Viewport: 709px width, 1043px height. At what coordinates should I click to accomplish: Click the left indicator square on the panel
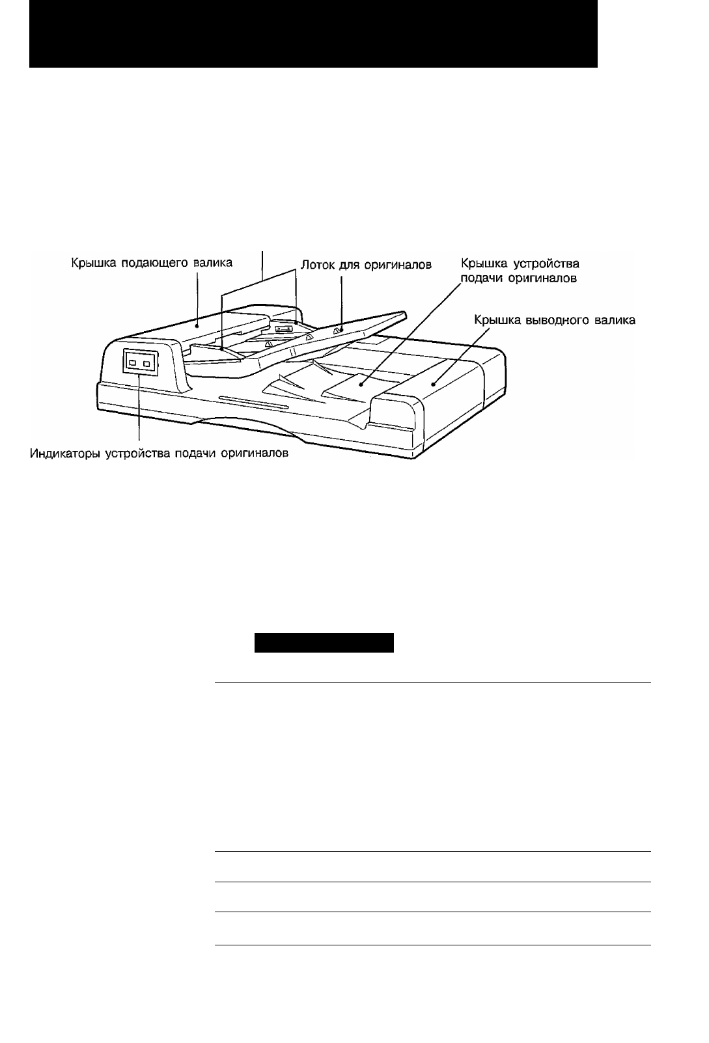click(x=133, y=362)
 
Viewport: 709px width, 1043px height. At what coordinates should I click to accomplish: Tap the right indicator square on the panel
click(x=146, y=363)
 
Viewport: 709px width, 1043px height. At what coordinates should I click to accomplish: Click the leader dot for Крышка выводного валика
click(x=433, y=385)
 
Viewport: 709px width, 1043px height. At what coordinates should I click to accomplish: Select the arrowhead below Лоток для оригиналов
click(x=341, y=329)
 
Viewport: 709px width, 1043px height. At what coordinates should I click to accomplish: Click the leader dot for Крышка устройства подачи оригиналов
click(x=361, y=384)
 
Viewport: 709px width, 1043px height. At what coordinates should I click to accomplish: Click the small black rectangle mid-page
click(x=324, y=643)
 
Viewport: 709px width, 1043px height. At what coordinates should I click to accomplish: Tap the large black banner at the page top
click(x=314, y=34)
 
